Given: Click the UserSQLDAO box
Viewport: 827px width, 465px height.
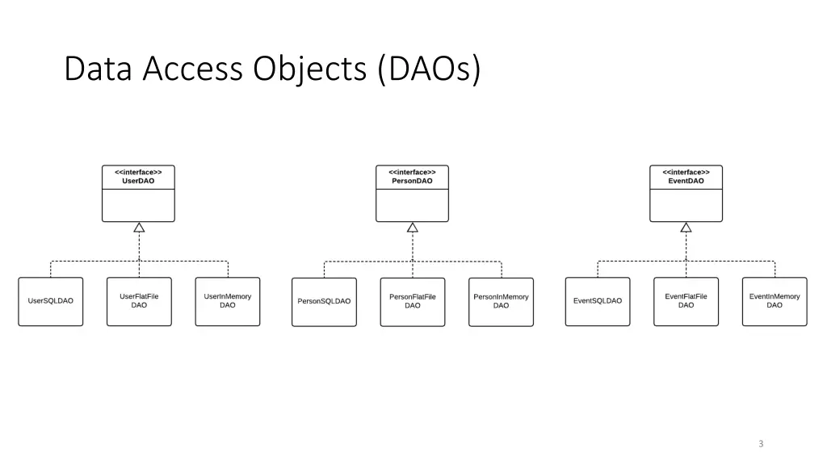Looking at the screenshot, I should coord(51,301).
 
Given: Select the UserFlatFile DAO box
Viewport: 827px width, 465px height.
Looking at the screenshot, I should coord(139,301).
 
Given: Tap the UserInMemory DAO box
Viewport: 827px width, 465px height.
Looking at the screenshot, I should coord(228,301).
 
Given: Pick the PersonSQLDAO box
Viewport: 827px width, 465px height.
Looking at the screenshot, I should coord(324,301).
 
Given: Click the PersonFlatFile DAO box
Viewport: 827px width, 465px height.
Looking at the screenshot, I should coord(413,301).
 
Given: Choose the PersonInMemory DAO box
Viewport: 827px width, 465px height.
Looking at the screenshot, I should coord(501,301).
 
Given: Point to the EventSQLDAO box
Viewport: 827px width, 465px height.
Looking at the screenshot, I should coord(598,301).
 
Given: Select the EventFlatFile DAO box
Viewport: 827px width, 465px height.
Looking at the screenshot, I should coord(686,301).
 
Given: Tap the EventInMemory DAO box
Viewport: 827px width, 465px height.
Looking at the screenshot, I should coord(775,301).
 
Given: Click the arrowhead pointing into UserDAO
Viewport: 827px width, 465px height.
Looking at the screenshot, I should coord(139,228).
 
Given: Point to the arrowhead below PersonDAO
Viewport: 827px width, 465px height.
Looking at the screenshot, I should coord(413,228).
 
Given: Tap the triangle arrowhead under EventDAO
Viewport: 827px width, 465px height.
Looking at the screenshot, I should coord(686,228).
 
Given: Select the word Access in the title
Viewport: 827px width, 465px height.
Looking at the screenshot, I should coord(192,69).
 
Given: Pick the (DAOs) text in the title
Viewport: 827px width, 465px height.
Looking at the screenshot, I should coord(428,69).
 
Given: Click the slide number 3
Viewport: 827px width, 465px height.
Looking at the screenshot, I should coord(761,443).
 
